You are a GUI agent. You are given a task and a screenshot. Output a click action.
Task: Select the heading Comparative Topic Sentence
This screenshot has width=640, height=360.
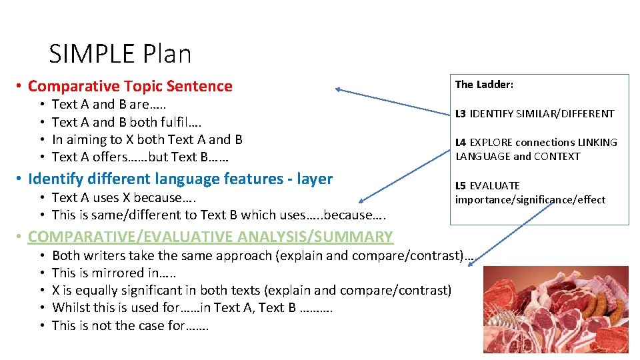coord(130,86)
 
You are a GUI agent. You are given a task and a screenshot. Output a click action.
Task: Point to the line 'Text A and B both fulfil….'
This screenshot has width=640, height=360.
coord(127,122)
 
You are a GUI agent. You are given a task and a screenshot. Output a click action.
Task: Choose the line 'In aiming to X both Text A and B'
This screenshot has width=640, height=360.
coord(147,139)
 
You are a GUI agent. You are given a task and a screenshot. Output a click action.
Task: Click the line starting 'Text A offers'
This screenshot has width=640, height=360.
coord(140,157)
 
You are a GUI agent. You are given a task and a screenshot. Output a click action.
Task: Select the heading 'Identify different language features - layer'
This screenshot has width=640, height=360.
coord(180,179)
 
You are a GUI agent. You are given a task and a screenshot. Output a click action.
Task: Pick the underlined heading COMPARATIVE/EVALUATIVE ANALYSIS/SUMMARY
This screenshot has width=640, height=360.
coord(211,237)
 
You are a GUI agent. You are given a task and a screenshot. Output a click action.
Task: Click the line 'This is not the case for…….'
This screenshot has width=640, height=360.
coord(130,325)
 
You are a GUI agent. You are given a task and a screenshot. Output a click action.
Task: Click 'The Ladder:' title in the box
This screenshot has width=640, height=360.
coord(484,85)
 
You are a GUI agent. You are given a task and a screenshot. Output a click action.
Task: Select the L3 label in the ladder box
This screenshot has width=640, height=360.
coord(461,114)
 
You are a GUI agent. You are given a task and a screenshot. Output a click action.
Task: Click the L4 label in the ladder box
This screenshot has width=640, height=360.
coord(461,143)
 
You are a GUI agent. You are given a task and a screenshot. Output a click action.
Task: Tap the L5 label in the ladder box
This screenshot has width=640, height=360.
coord(461,186)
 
